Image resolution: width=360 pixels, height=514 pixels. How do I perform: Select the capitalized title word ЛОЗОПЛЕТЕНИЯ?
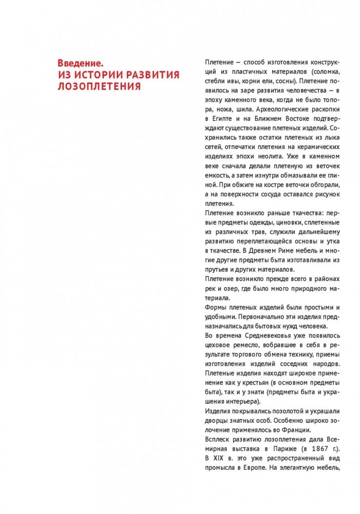click(x=100, y=86)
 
